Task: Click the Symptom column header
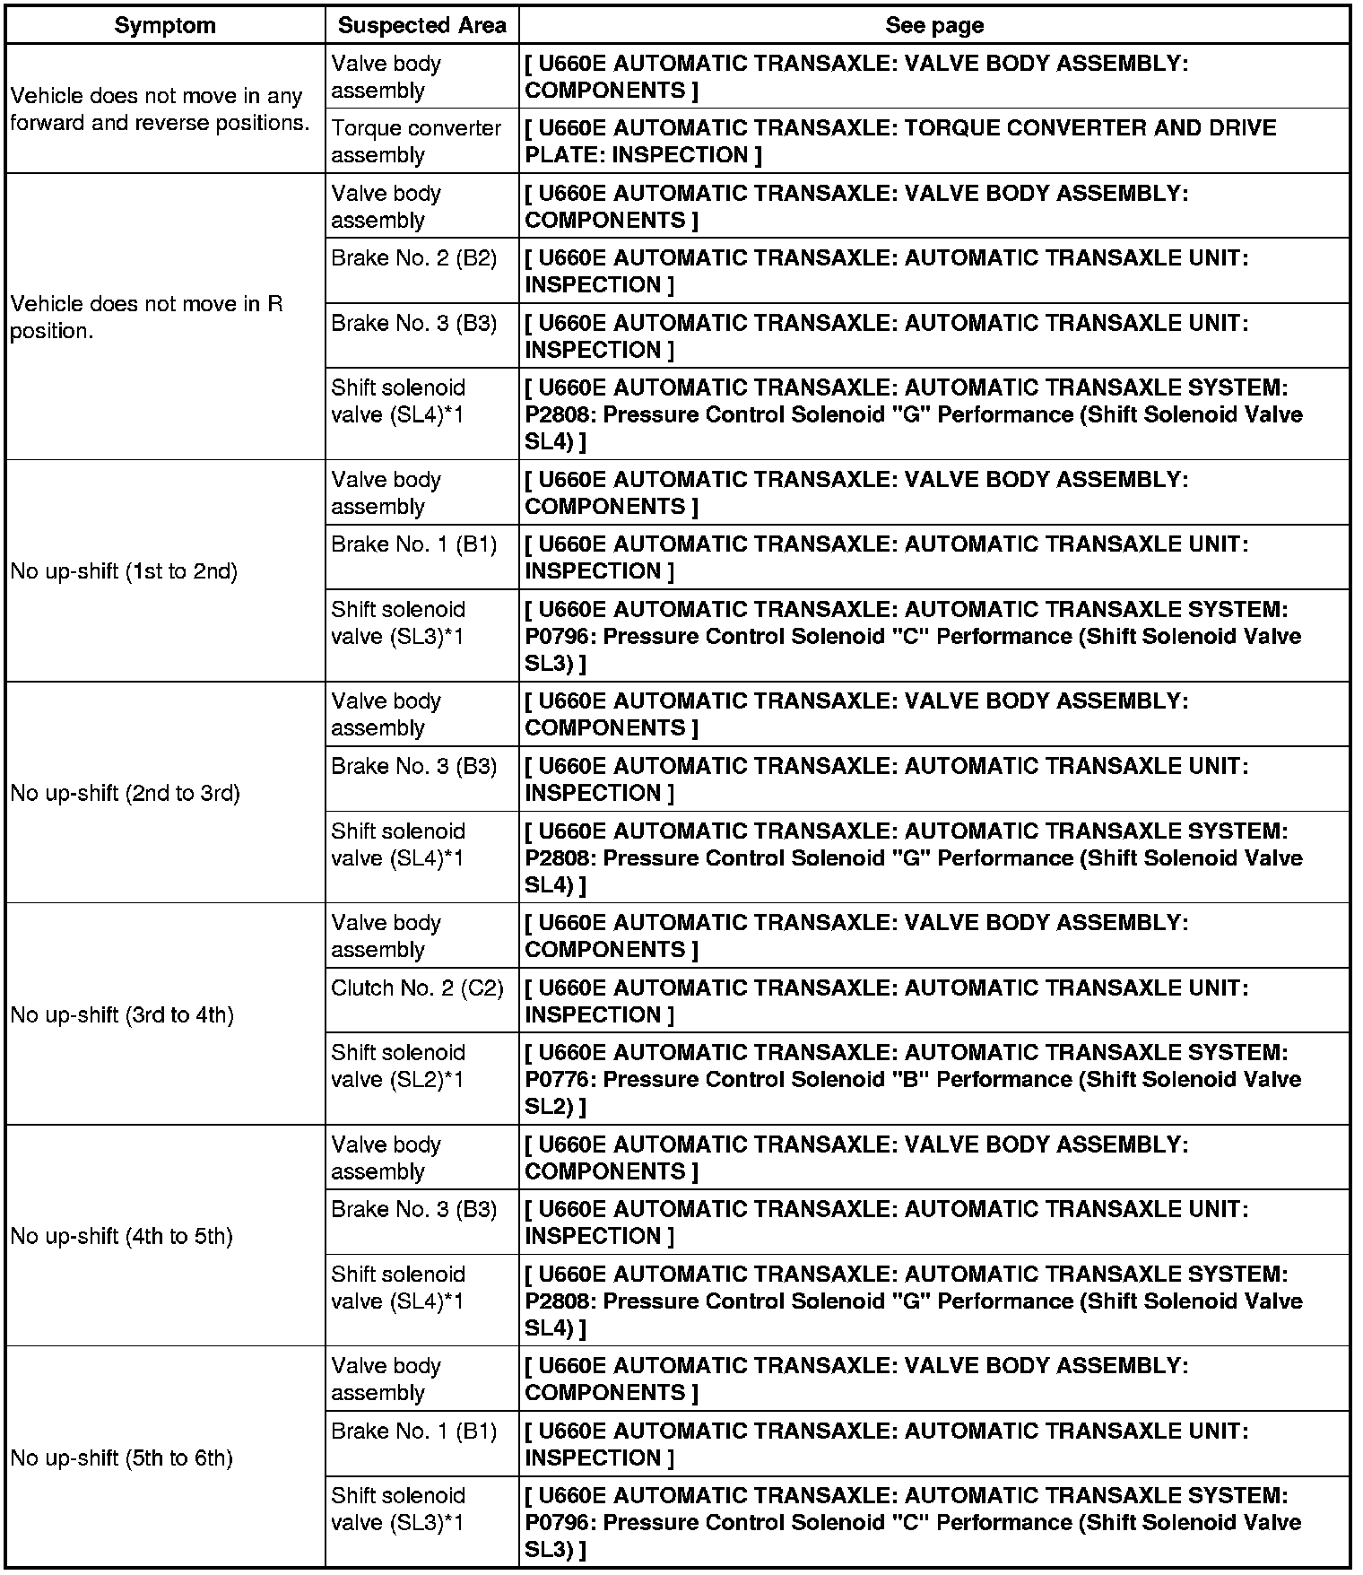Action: (165, 25)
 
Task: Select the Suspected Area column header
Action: (421, 25)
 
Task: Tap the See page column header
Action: (934, 25)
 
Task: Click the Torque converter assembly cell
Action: (416, 141)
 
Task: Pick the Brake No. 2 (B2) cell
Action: (413, 258)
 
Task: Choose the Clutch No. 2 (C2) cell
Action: (417, 988)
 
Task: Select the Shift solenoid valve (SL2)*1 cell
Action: (398, 1066)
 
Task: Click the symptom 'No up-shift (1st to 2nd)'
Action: (124, 571)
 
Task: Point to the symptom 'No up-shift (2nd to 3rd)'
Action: (126, 793)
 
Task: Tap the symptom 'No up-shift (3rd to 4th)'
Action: (122, 1014)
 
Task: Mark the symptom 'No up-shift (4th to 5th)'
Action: (122, 1236)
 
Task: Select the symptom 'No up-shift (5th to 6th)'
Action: (122, 1458)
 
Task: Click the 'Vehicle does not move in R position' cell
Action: (146, 318)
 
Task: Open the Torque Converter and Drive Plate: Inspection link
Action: (900, 141)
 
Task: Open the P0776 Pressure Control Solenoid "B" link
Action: (913, 1079)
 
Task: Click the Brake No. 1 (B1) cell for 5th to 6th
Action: (413, 1431)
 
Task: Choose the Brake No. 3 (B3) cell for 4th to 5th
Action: (413, 1210)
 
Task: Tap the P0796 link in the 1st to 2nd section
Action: (913, 636)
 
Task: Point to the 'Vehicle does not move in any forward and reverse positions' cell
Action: (160, 109)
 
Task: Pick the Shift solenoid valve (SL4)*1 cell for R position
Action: (398, 401)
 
